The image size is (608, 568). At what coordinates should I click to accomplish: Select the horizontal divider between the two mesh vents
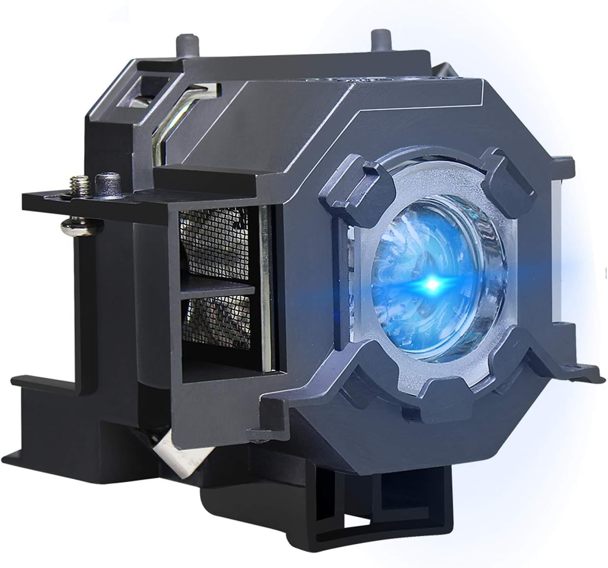pyautogui.click(x=218, y=289)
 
